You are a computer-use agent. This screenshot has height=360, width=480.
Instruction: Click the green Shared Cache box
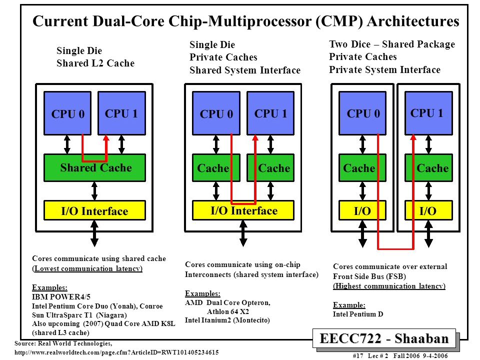94,168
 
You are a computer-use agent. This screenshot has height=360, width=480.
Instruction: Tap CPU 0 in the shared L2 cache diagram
67,113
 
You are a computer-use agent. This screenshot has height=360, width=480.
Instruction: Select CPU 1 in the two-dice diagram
428,113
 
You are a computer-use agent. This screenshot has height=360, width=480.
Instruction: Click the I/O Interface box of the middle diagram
243,210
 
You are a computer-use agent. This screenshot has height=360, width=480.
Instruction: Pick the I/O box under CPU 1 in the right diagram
428,210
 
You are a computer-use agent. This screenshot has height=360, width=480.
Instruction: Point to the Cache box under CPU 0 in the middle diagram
216,168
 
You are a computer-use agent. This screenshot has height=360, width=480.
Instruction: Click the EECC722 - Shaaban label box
384,338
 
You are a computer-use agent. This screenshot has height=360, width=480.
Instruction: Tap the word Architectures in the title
413,21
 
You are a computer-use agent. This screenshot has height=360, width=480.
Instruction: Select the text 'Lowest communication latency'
87,268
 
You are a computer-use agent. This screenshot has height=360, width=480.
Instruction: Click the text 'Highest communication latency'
389,286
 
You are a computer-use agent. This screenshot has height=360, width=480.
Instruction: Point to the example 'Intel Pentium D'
358,314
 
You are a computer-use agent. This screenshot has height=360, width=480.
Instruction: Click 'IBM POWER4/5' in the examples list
61,296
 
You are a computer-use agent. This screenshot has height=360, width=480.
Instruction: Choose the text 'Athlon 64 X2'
228,311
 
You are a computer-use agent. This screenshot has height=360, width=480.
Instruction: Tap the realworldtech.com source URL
116,352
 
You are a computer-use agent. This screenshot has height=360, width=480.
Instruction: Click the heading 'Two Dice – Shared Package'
392,44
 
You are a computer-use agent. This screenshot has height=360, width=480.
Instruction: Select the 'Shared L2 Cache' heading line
95,63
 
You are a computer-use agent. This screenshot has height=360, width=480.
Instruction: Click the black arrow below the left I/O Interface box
94,233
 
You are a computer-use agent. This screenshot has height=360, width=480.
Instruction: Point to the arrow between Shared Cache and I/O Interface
94,191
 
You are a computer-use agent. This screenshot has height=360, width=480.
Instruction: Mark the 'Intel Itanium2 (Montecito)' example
227,320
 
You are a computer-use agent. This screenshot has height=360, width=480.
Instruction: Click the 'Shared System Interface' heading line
245,70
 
